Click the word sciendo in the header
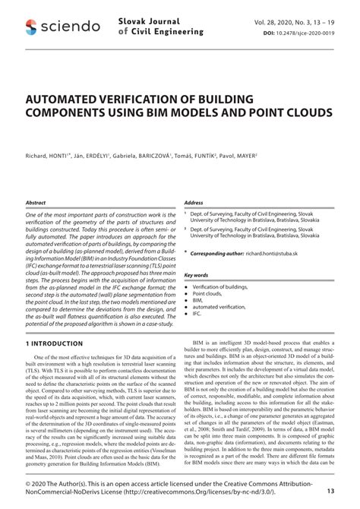[71, 27]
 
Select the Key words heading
[196, 275]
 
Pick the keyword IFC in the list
[197, 312]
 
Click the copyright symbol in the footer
[29, 484]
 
